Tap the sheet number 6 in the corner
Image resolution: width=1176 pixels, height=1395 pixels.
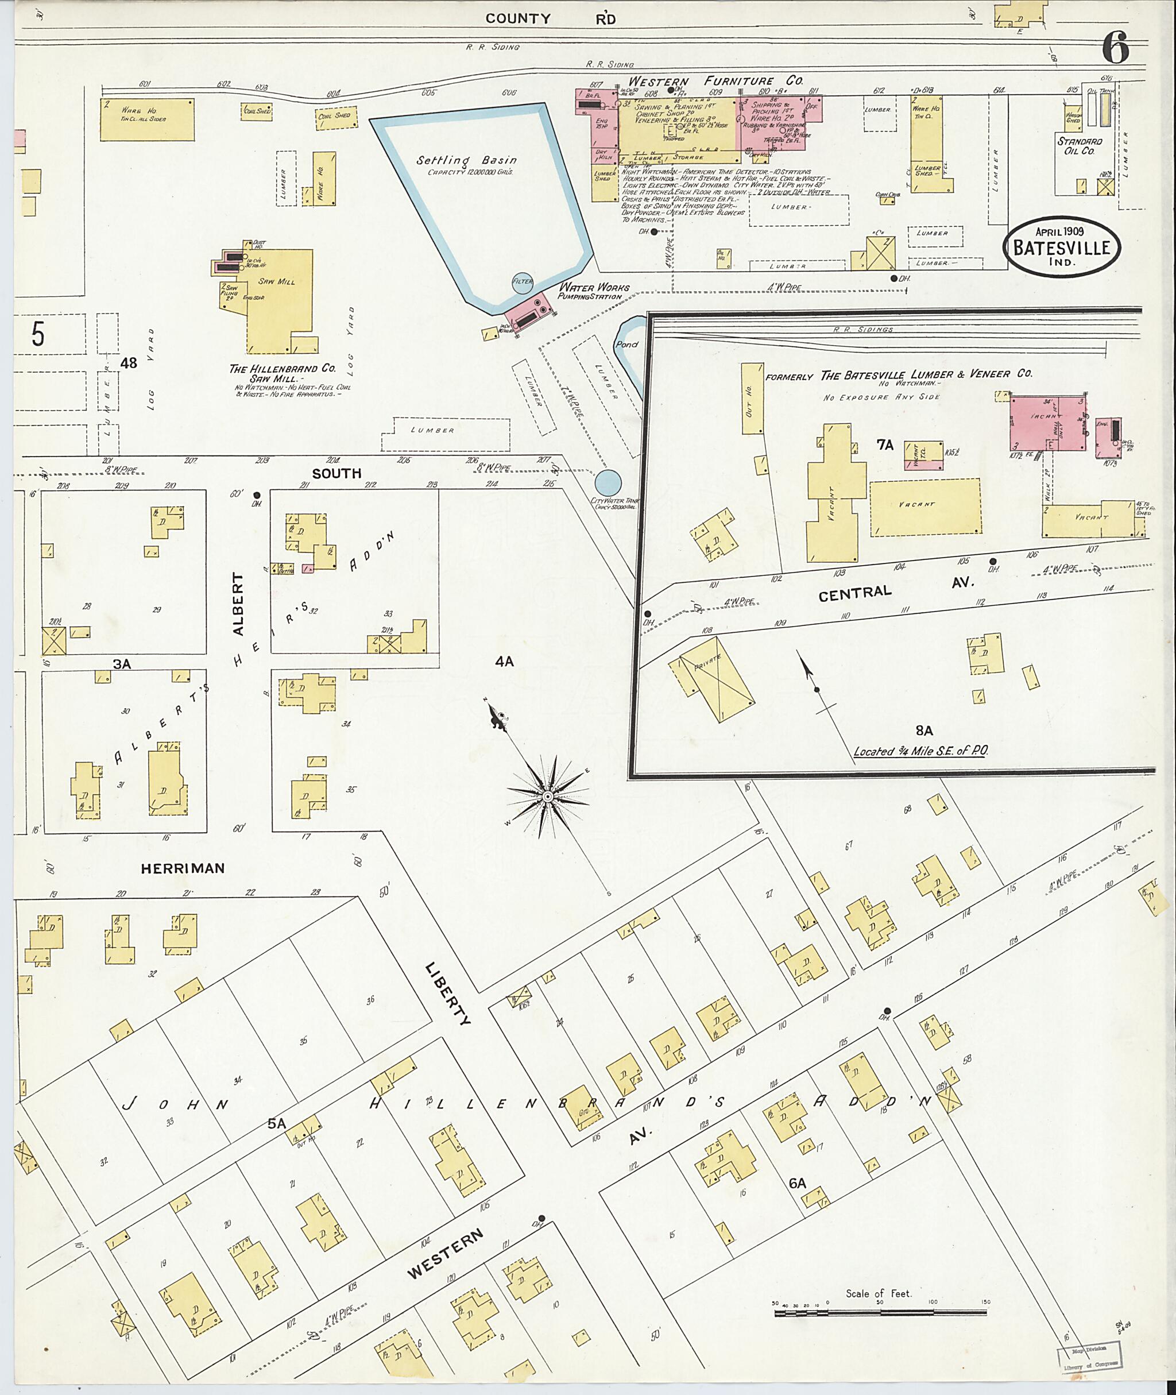(1115, 48)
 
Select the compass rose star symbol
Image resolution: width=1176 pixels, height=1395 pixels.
(548, 795)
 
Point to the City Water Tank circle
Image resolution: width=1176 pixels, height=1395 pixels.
(608, 482)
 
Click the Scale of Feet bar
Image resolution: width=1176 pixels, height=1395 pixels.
(880, 1312)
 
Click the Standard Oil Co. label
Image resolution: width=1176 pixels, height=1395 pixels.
(1080, 146)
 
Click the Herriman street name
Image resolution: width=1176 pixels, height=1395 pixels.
(183, 868)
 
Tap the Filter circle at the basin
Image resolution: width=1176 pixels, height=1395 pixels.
(523, 281)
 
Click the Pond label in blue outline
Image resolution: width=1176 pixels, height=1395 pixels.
(626, 345)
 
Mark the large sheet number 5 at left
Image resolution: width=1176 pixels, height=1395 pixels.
(38, 335)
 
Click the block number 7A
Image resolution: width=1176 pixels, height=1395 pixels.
(885, 445)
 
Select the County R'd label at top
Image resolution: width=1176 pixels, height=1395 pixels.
(550, 19)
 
